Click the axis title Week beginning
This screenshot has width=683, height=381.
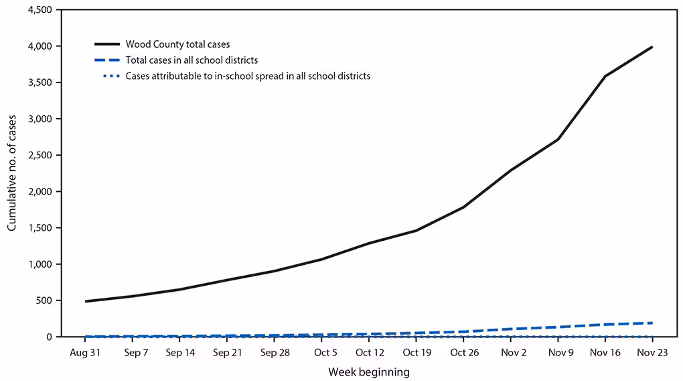coord(369,371)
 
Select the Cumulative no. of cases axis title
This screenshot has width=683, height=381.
coord(12,173)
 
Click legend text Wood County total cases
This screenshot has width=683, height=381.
coord(177,44)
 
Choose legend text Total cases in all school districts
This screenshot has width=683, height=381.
coord(192,60)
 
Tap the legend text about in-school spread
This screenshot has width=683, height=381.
coord(248,76)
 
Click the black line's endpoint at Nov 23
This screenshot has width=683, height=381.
coord(652,47)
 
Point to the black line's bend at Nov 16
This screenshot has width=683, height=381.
coord(605,76)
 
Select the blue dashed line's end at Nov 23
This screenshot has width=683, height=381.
coord(652,323)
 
